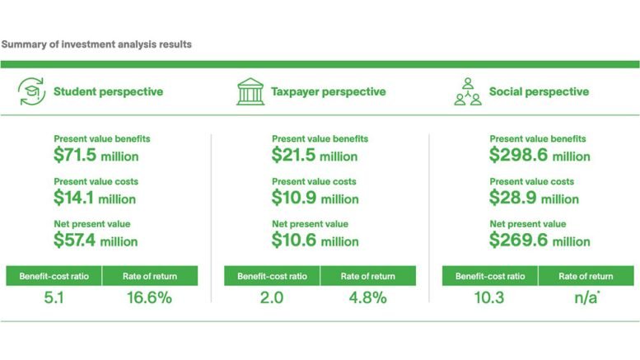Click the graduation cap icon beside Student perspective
[x=31, y=92]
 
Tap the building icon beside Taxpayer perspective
[x=250, y=92]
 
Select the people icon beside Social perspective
[x=468, y=92]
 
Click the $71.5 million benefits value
[x=96, y=155]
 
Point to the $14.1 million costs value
[x=94, y=198]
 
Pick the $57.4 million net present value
[x=96, y=241]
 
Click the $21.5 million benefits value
[x=314, y=155]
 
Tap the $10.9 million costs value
[x=314, y=198]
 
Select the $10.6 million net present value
[x=314, y=241]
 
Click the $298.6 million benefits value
[x=540, y=155]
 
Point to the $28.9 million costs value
[x=534, y=198]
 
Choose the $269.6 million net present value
[x=540, y=241]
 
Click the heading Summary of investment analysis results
[x=97, y=44]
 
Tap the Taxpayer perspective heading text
[x=328, y=92]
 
